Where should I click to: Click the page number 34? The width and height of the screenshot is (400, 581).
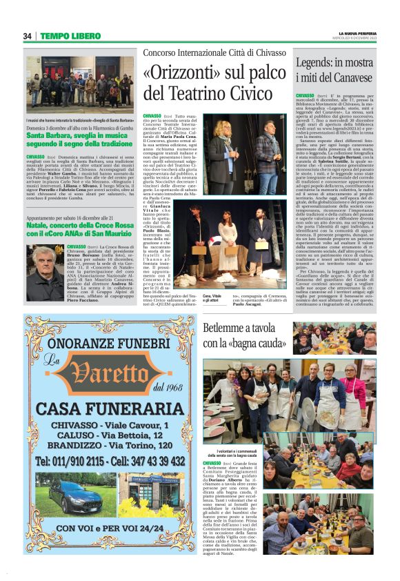pos(28,36)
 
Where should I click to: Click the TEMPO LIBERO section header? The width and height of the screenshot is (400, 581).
pos(70,36)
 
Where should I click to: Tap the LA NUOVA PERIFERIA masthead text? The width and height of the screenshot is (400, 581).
pos(357,32)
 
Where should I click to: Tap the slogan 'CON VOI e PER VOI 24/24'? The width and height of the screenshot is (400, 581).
pos(101,529)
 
